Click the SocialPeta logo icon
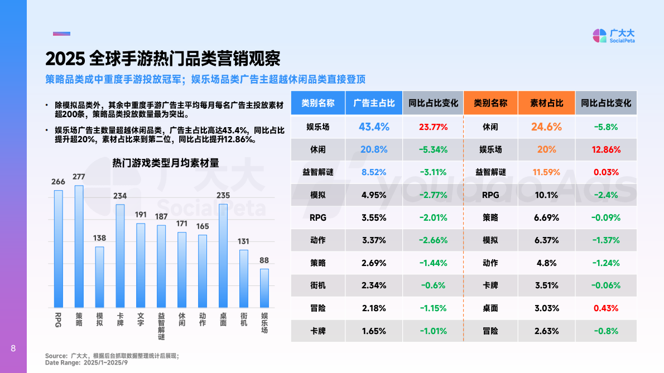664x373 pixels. (x=599, y=36)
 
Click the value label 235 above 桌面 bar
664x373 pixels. (x=223, y=196)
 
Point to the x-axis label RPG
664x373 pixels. (x=58, y=319)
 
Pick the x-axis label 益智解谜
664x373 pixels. (x=161, y=326)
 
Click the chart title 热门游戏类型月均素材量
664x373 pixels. (x=165, y=163)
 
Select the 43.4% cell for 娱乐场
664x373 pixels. (x=374, y=127)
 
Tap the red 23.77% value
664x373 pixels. (x=433, y=127)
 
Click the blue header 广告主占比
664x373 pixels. (x=374, y=103)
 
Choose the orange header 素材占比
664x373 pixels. (x=546, y=103)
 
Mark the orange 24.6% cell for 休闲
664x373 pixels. (x=546, y=127)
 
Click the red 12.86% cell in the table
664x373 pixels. (x=606, y=149)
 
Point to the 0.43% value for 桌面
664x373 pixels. (x=606, y=308)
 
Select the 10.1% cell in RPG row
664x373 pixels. (x=546, y=195)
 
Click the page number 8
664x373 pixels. (x=13, y=349)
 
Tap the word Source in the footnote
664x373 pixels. (x=56, y=356)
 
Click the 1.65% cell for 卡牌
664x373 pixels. (x=374, y=331)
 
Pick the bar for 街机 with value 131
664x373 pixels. (x=244, y=278)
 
